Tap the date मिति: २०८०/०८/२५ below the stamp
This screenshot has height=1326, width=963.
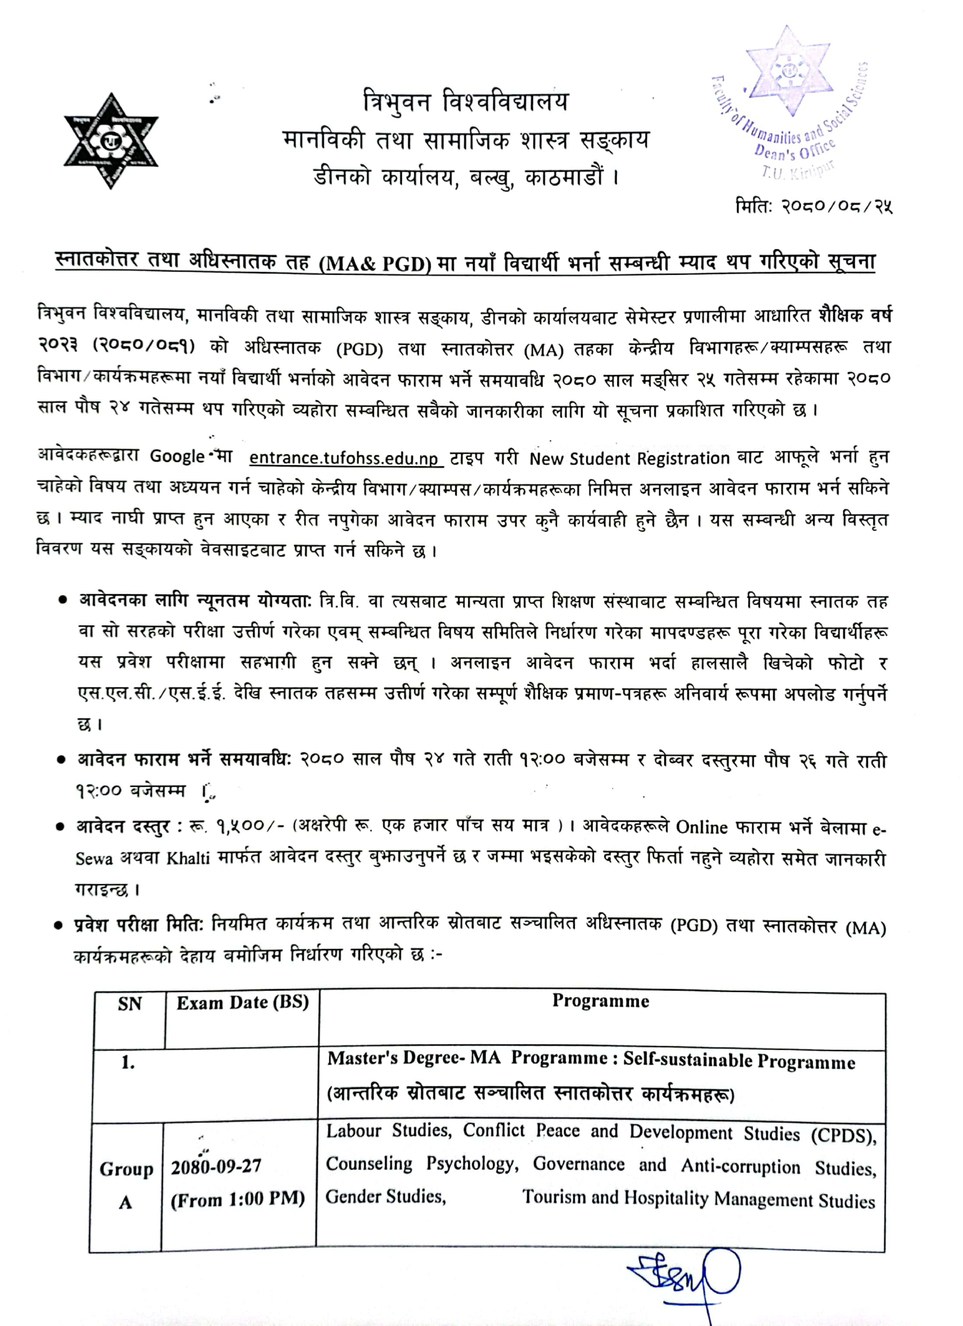[813, 206]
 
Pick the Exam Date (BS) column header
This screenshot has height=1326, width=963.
[243, 1003]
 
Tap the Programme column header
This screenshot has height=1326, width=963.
[600, 1001]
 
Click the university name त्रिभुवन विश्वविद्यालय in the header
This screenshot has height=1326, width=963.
[465, 102]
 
